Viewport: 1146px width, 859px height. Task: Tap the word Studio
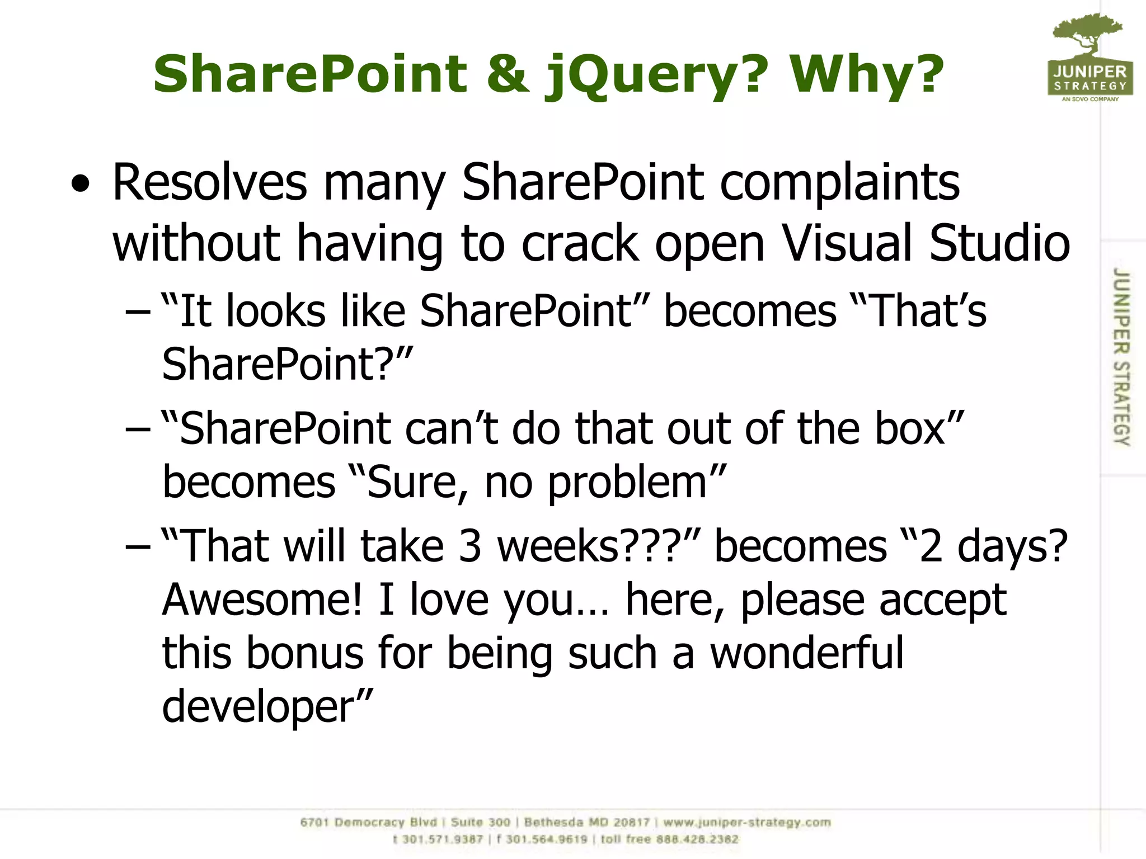tap(999, 243)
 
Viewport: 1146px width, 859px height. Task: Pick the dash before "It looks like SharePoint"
tap(138, 312)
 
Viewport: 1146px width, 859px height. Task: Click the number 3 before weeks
tap(469, 546)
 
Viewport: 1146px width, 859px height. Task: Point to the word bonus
tap(305, 653)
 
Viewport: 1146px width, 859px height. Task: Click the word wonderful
tap(806, 653)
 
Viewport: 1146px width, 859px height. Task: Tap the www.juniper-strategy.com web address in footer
tap(747, 823)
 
